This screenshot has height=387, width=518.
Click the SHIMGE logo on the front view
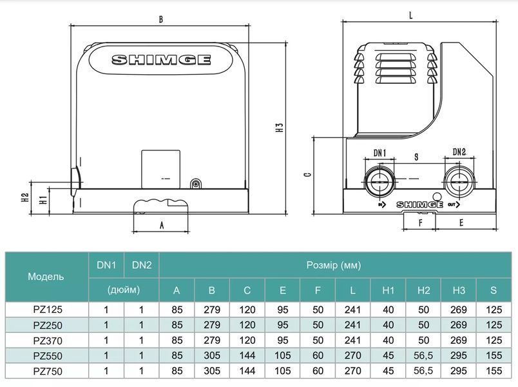(161, 60)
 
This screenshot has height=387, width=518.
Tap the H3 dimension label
(280, 128)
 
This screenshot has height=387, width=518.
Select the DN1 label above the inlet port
(379, 153)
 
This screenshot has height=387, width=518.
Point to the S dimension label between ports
(416, 157)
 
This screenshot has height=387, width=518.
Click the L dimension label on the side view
(410, 15)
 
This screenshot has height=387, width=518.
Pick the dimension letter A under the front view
(162, 225)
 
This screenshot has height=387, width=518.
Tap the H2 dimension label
(25, 197)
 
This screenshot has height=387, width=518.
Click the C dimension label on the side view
(307, 174)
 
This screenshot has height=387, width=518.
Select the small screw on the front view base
(196, 184)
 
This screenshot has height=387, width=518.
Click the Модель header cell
(46, 277)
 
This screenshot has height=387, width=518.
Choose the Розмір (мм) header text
(334, 265)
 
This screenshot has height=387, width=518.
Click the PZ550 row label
(48, 356)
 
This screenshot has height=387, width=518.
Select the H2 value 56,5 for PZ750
(423, 371)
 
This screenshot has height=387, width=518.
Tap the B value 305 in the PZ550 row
(212, 355)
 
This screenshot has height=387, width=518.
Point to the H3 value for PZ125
(459, 310)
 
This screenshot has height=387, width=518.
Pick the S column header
(494, 290)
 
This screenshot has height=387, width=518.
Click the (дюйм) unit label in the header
(124, 290)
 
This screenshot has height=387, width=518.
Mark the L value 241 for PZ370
(352, 341)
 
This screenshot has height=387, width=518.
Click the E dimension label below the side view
(461, 223)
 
